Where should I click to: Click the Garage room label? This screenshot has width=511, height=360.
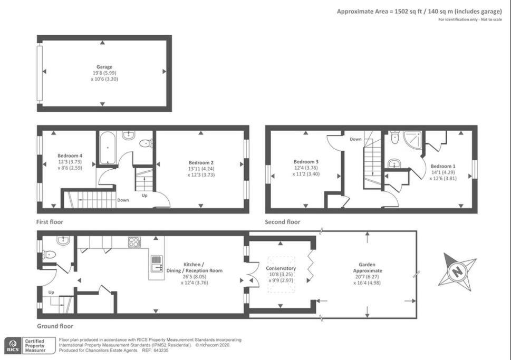(104, 67)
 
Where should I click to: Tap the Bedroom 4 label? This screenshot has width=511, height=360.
(70, 155)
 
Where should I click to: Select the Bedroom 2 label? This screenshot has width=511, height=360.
(201, 162)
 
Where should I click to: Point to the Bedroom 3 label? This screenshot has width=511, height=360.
(306, 162)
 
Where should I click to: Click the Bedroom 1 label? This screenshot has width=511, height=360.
(443, 166)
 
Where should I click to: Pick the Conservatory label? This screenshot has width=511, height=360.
(281, 268)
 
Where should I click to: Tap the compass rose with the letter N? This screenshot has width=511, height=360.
(457, 271)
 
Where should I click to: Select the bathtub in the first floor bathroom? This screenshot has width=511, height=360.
(107, 148)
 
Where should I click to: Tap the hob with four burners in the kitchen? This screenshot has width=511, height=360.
(134, 242)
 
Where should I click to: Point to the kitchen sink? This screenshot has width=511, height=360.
(157, 264)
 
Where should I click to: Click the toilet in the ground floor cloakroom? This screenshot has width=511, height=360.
(49, 255)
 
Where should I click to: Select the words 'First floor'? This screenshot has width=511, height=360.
(50, 222)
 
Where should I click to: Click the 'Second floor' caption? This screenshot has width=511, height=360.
(282, 222)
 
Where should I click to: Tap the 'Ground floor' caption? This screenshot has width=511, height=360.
(55, 326)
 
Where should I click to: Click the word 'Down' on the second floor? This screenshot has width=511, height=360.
(355, 139)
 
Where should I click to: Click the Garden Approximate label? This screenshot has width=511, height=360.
(368, 267)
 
